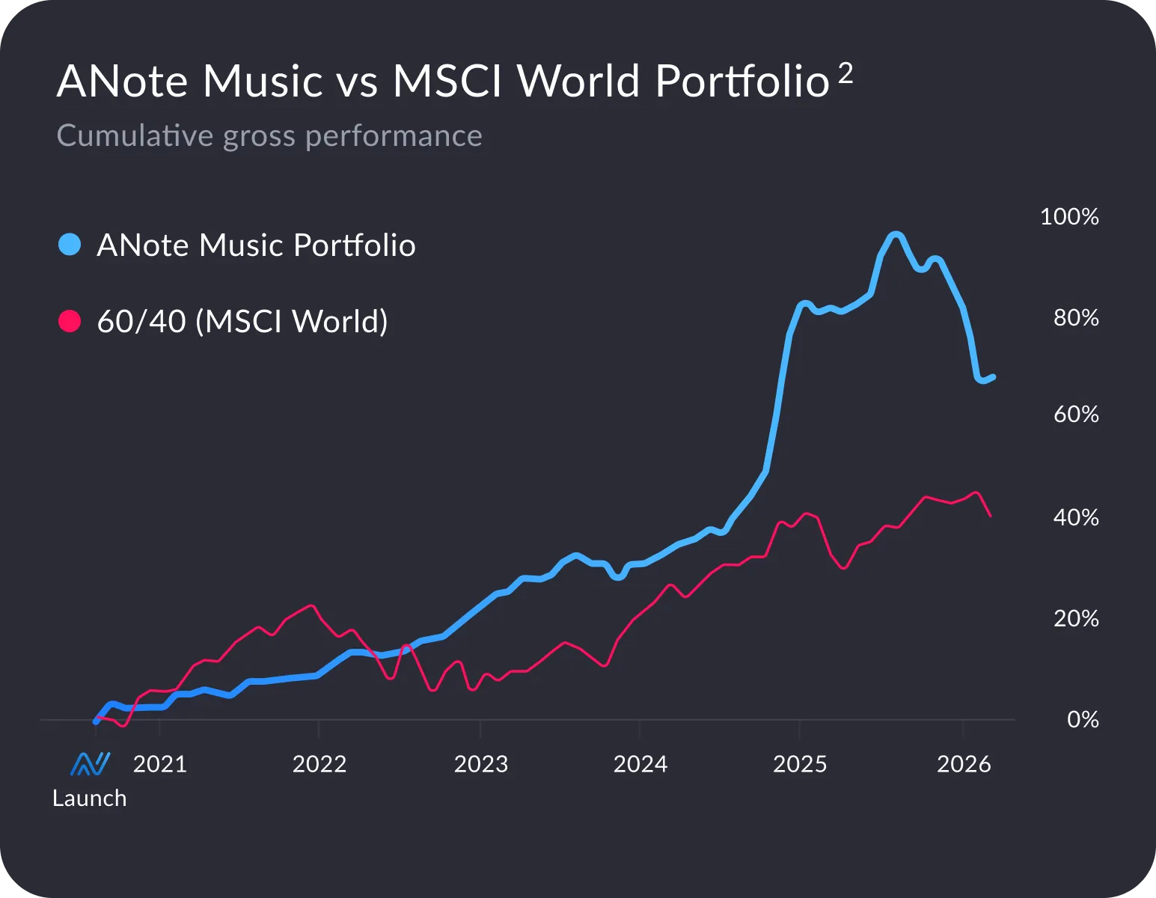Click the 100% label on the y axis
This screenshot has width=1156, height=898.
(1069, 217)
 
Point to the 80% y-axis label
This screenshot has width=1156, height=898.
(1076, 318)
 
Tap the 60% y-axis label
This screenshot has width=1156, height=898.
(1076, 415)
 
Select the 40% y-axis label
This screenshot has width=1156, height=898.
(1076, 518)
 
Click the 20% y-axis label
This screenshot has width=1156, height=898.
(1076, 619)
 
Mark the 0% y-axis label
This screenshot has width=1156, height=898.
(1083, 720)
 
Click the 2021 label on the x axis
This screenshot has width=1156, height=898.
(159, 764)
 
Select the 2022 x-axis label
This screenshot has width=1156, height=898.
(319, 764)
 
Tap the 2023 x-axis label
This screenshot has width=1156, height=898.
(481, 764)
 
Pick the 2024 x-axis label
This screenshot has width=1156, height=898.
(640, 764)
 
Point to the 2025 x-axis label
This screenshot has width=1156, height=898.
(800, 764)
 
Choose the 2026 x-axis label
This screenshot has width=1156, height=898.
(964, 764)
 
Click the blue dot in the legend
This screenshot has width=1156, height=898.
(70, 245)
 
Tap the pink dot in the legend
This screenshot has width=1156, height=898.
(70, 321)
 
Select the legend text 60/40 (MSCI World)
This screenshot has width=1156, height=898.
(242, 321)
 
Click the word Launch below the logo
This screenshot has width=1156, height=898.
(89, 798)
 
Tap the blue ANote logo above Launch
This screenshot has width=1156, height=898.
(90, 764)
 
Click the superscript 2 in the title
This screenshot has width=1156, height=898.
(845, 73)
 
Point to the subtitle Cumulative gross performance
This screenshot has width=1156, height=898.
(269, 136)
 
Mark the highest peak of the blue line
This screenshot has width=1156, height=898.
(895, 235)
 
